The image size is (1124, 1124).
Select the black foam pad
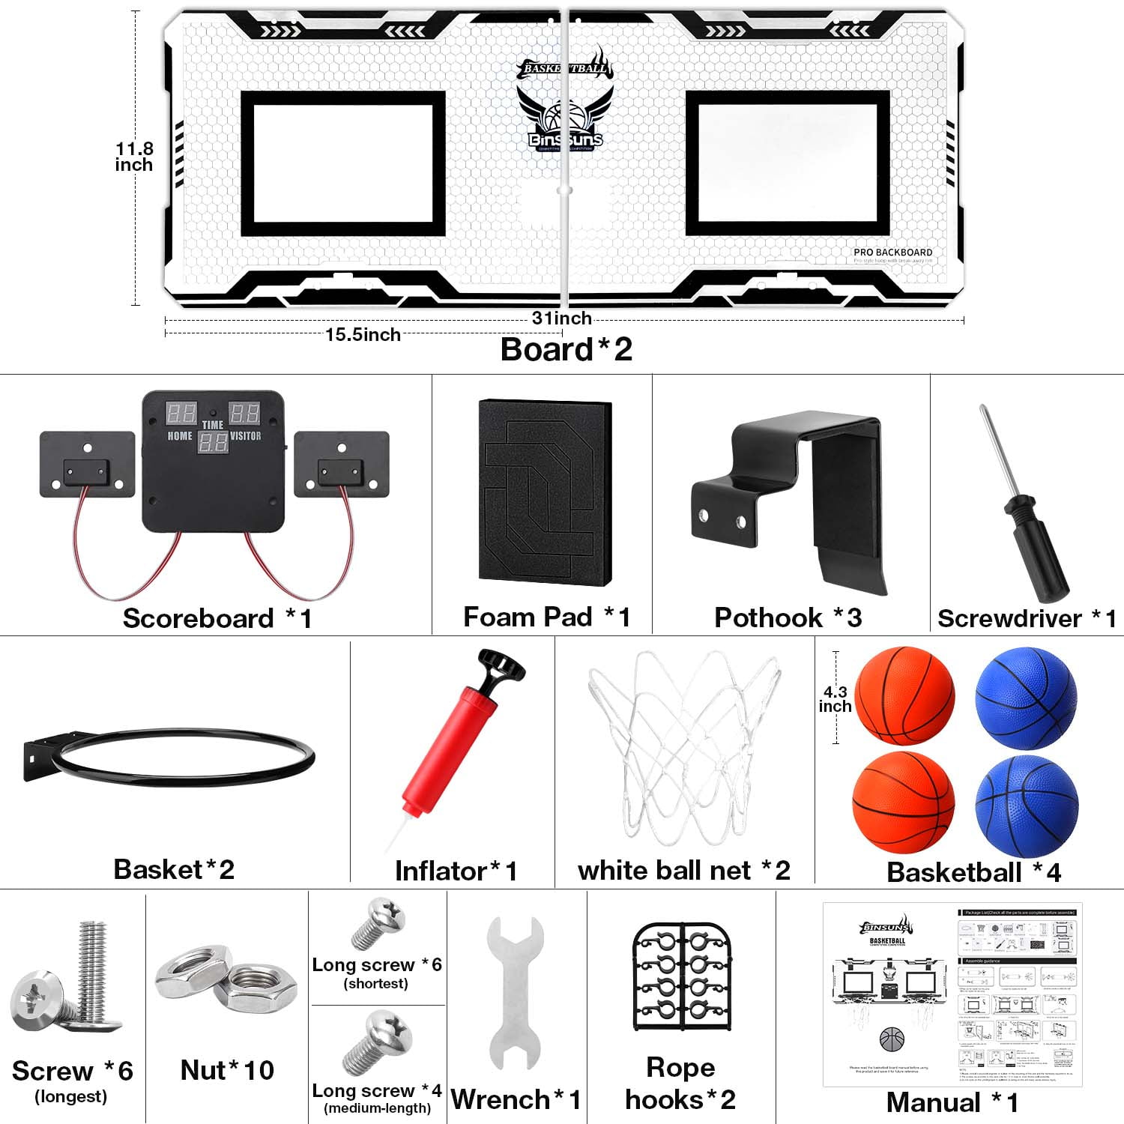pyautogui.click(x=545, y=492)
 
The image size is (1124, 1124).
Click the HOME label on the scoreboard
pyautogui.click(x=180, y=436)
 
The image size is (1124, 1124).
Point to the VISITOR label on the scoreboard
pyautogui.click(x=246, y=436)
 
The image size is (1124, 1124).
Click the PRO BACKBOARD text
pyautogui.click(x=892, y=253)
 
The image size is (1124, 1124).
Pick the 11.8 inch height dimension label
pyautogui.click(x=134, y=157)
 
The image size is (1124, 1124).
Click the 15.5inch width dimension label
pyautogui.click(x=363, y=335)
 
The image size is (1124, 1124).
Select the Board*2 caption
pyautogui.click(x=566, y=350)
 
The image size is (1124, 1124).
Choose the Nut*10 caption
pyautogui.click(x=227, y=1070)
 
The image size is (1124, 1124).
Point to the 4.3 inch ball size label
pyautogui.click(x=835, y=699)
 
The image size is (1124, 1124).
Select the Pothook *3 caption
pyautogui.click(x=788, y=618)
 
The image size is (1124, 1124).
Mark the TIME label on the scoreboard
pyautogui.click(x=213, y=425)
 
